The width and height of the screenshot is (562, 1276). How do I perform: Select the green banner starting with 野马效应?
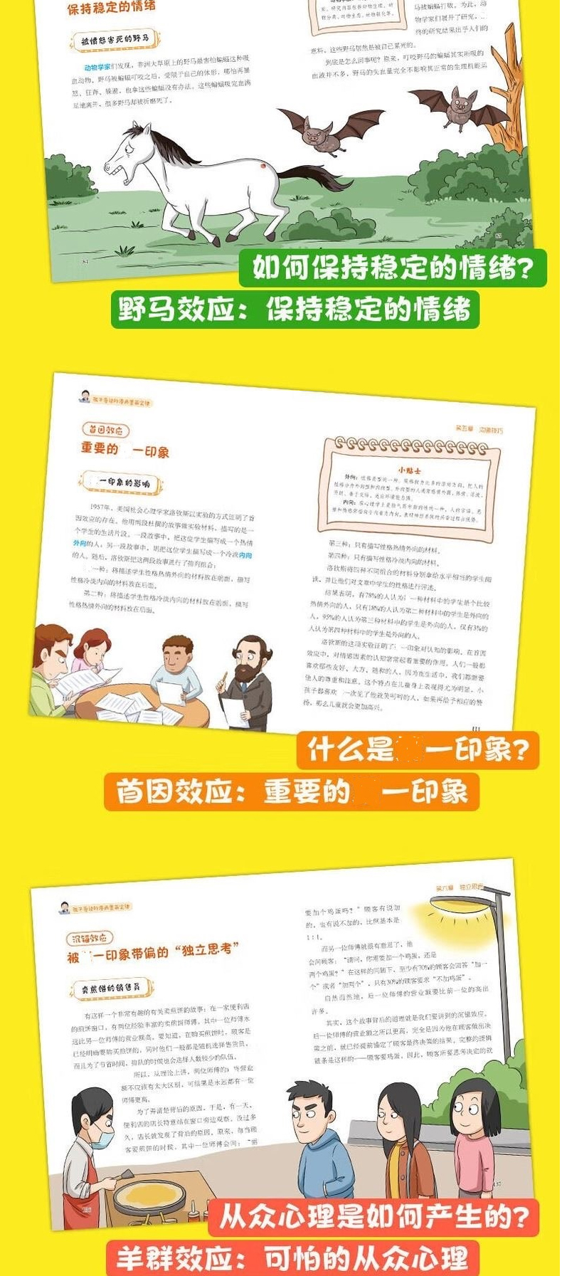tap(295, 310)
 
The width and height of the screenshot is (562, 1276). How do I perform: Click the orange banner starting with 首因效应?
tap(292, 791)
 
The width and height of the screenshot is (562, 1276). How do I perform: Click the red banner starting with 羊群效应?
tap(292, 1258)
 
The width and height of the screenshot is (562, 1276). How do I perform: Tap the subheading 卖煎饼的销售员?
tap(110, 988)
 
